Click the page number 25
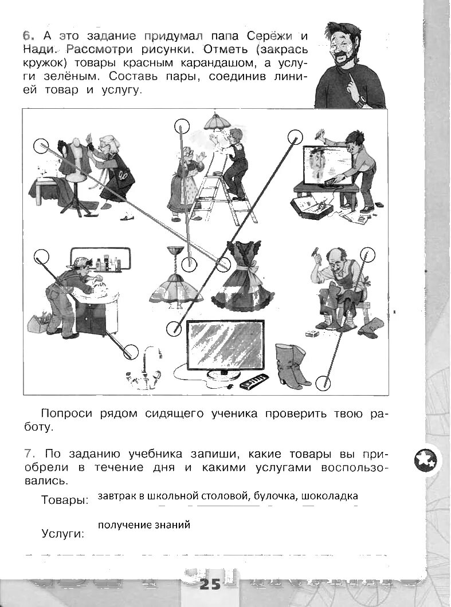coord(210,585)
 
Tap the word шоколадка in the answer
coord(330,496)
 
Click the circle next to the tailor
coord(41,147)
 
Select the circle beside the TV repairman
coord(295,136)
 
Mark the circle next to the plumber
coord(41,257)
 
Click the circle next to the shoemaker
coord(366,254)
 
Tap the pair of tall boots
coord(291,366)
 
